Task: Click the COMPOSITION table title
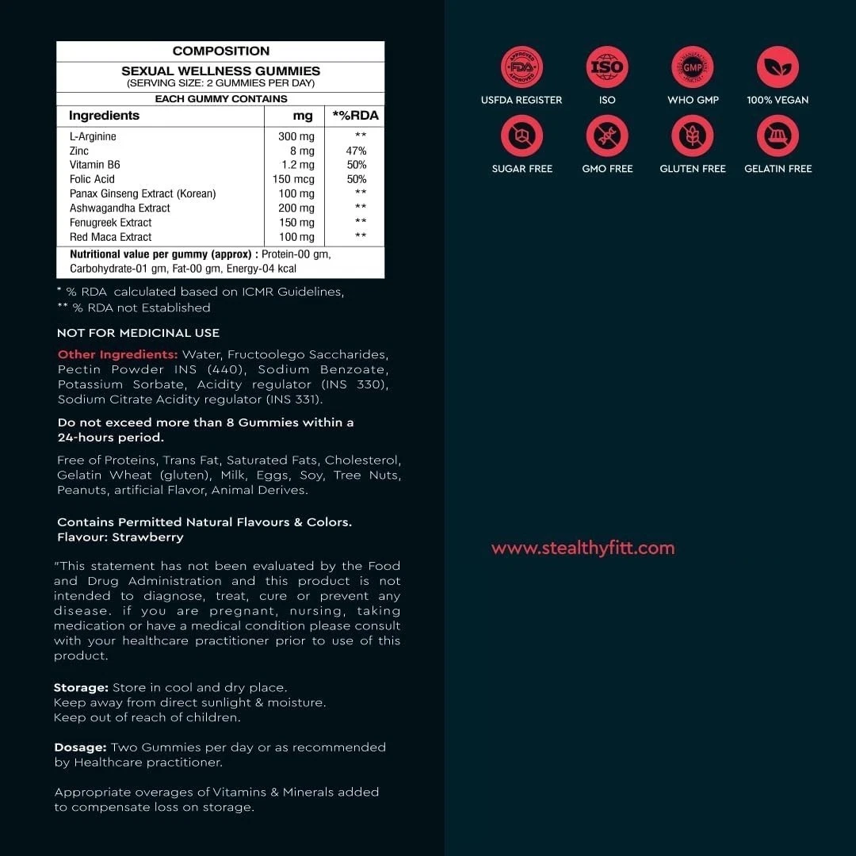pyautogui.click(x=220, y=51)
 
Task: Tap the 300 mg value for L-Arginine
pyautogui.click(x=296, y=136)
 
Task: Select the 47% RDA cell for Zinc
pyautogui.click(x=356, y=151)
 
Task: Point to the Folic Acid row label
pyautogui.click(x=92, y=179)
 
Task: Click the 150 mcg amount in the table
pyautogui.click(x=293, y=179)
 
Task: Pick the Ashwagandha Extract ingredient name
pyautogui.click(x=120, y=208)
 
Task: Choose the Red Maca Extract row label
pyautogui.click(x=110, y=236)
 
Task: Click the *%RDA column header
pyautogui.click(x=355, y=116)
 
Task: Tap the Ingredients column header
pyautogui.click(x=104, y=116)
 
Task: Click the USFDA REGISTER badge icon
pyautogui.click(x=522, y=67)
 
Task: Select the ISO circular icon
pyautogui.click(x=607, y=67)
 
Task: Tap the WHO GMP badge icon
pyautogui.click(x=693, y=67)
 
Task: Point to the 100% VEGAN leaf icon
pyautogui.click(x=778, y=67)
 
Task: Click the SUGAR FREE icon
pyautogui.click(x=522, y=136)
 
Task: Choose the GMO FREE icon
pyautogui.click(x=607, y=136)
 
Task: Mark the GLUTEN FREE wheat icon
pyautogui.click(x=693, y=136)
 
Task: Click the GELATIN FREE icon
pyautogui.click(x=778, y=136)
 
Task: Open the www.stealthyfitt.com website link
pyautogui.click(x=583, y=548)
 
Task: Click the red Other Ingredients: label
pyautogui.click(x=117, y=354)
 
